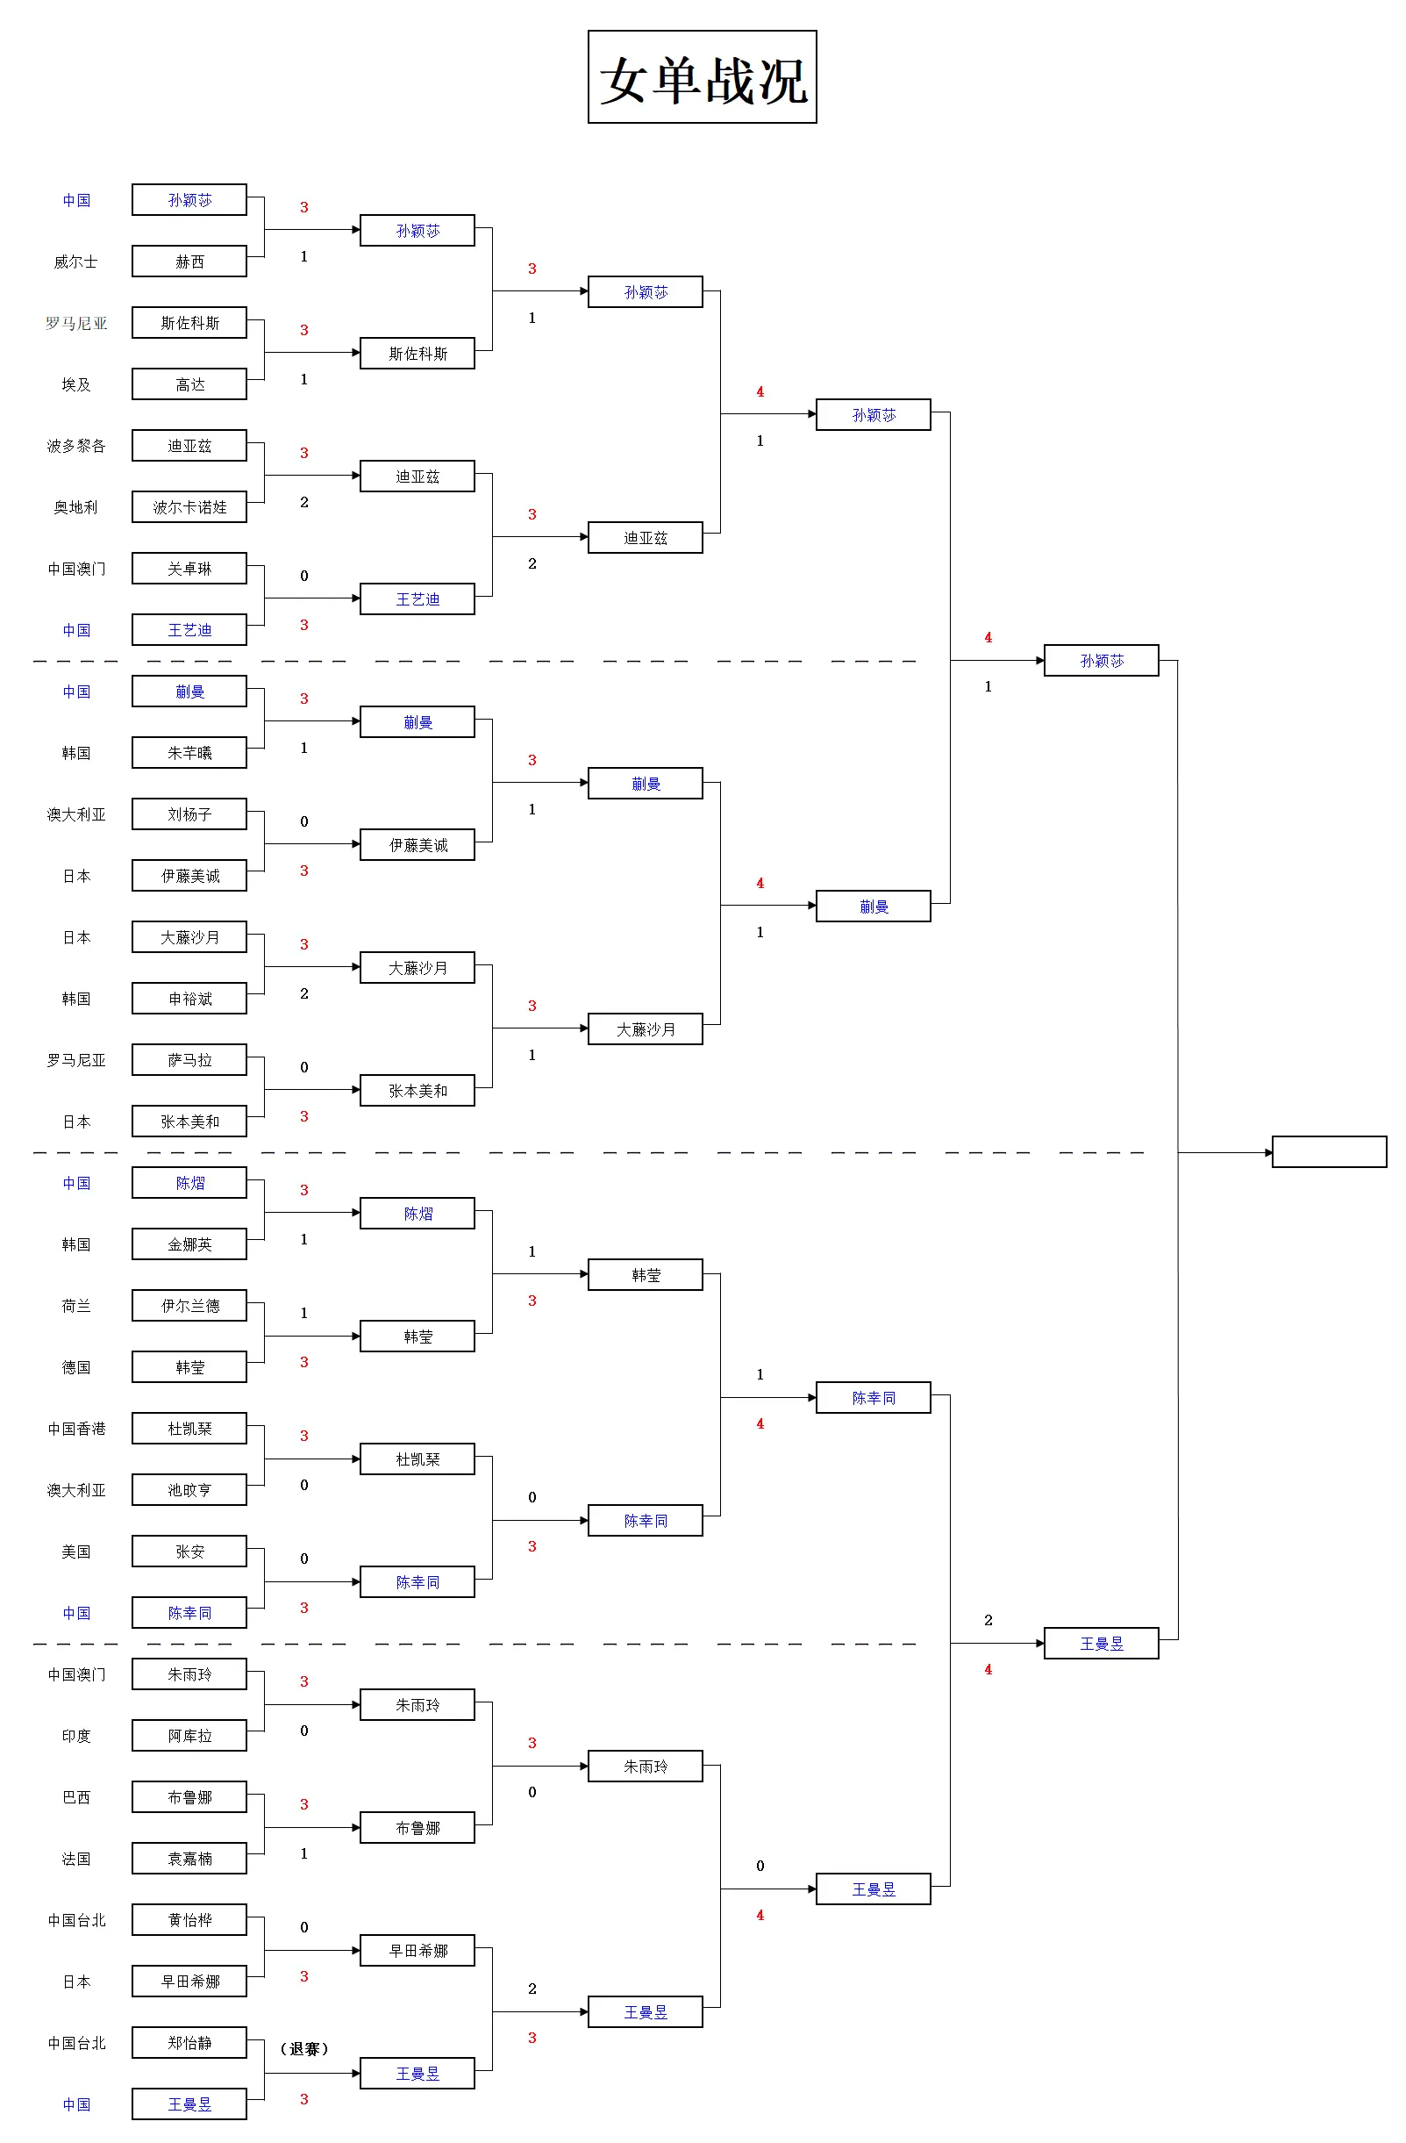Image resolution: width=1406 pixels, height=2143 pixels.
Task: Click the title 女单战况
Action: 702,77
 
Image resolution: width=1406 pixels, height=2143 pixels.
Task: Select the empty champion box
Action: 1329,1151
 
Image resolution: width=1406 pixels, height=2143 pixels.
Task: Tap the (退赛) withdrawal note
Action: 304,2048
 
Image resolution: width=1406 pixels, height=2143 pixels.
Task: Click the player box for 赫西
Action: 189,262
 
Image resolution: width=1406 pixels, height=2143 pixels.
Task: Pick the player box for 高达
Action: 189,384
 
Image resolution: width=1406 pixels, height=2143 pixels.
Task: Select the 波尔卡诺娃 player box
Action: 189,507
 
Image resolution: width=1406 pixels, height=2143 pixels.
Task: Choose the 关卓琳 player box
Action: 189,568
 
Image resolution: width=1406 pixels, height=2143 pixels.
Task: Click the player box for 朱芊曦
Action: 189,753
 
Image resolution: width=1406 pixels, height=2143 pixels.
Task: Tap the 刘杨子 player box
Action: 189,814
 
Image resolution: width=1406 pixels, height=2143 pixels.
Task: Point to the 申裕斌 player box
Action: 189,999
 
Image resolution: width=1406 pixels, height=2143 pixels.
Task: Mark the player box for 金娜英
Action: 189,1244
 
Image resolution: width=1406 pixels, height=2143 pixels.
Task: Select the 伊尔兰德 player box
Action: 189,1306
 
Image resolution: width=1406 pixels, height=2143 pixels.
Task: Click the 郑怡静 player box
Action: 189,2043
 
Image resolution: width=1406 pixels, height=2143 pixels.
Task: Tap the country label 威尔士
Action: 75,262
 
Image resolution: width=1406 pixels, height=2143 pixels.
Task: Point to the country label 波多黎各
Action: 75,446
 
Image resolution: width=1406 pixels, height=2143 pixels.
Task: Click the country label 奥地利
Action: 75,508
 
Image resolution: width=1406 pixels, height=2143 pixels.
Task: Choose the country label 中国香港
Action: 75,1429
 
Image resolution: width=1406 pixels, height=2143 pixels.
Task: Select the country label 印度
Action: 75,1736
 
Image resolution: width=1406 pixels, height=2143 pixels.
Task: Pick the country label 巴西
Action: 75,1797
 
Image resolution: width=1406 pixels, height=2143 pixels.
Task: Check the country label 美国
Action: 75,1552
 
